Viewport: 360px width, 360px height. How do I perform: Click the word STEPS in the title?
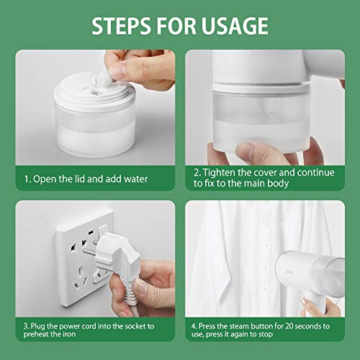(122, 26)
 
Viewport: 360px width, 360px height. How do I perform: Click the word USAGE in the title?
(235, 26)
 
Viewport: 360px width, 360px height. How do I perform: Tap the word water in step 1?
(136, 179)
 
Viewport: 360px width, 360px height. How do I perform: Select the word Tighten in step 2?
(219, 173)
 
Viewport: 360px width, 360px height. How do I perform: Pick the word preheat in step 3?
(35, 334)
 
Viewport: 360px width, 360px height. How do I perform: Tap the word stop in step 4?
(266, 334)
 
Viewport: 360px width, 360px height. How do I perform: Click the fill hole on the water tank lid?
(94, 91)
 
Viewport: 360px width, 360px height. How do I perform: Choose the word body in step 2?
(278, 184)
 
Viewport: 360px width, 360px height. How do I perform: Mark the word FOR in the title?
(176, 26)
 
